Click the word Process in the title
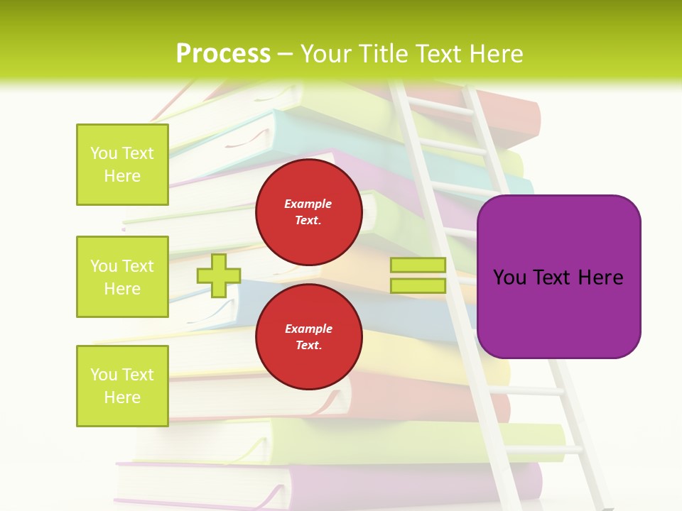coord(223,54)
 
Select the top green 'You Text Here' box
coord(122,165)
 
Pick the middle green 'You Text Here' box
coord(122,277)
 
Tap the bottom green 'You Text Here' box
coord(122,385)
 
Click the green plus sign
coord(219,275)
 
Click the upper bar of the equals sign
coord(418,265)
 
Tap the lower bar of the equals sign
coord(418,285)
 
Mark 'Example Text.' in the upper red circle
coord(308,212)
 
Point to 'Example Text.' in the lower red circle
coord(308,337)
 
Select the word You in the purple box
coord(509,278)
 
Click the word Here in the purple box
coord(600,278)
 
